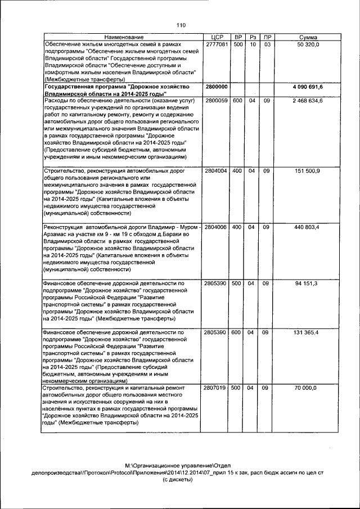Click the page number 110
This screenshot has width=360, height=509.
181,25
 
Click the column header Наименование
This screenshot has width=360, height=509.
124,37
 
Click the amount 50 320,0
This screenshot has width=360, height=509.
308,44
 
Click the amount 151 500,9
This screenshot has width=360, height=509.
308,171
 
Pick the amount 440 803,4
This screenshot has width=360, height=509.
307,227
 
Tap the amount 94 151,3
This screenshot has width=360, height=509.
307,283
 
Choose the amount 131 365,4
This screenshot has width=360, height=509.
307,332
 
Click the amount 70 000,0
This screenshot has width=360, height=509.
307,388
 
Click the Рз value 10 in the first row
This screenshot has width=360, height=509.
253,44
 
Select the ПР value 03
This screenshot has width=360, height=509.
268,44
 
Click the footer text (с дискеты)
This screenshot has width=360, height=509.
180,481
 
